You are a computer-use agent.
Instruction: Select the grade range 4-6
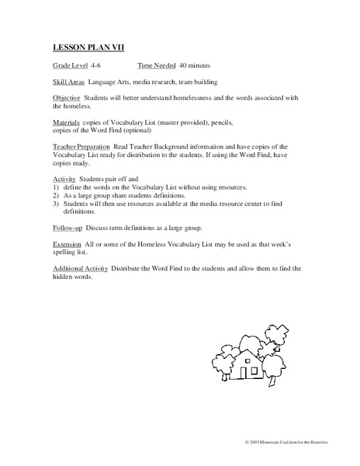click(x=97, y=66)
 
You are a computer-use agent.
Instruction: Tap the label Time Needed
click(x=157, y=66)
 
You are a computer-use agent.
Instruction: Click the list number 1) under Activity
click(x=56, y=189)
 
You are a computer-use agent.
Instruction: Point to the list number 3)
click(x=56, y=204)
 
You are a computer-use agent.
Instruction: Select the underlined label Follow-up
click(x=69, y=230)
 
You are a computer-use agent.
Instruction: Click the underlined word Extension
click(x=68, y=245)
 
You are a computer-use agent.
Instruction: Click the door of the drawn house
click(x=243, y=373)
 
